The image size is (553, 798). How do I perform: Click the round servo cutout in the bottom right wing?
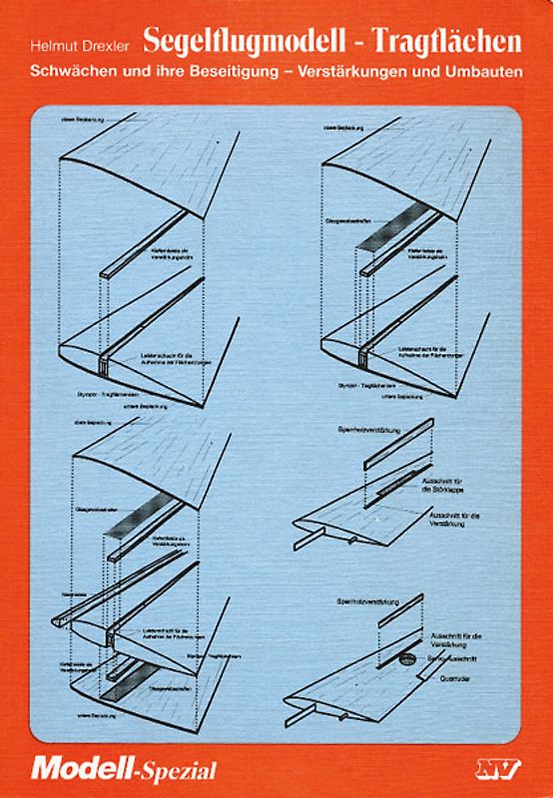406,659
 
